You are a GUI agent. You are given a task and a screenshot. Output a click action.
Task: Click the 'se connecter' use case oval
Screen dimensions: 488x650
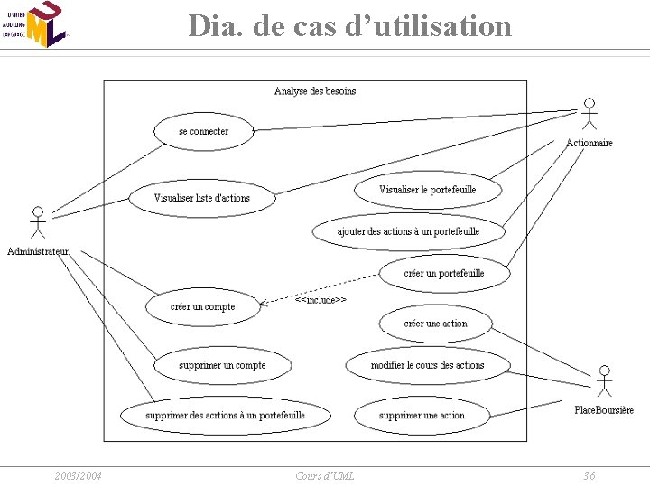(204, 131)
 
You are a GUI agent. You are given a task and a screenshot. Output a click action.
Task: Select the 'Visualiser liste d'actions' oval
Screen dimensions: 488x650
(201, 198)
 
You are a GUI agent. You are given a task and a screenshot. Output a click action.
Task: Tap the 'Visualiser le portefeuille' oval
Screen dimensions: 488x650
(427, 190)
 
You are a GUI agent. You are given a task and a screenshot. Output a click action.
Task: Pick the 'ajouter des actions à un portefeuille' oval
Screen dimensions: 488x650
(408, 231)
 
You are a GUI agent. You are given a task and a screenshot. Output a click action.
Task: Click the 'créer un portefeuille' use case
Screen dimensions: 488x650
(444, 273)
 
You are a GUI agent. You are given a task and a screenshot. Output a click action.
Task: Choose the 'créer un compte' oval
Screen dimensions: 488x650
(202, 306)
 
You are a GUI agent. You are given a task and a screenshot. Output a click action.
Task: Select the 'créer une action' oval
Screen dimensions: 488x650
(435, 324)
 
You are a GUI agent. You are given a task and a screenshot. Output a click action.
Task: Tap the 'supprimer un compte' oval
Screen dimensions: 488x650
(222, 365)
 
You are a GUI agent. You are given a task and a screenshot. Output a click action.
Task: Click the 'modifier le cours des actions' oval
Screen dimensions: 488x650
(427, 365)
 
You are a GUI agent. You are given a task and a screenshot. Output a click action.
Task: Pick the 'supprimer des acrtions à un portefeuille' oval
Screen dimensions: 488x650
(225, 415)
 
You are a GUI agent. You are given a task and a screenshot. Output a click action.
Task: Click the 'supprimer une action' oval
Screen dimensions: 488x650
(422, 416)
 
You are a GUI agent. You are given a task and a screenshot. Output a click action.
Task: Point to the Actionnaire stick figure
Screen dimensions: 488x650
(590, 114)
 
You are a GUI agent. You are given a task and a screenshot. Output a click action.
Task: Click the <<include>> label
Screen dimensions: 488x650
(320, 299)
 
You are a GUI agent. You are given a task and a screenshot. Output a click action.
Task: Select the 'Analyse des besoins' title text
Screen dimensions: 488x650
(315, 90)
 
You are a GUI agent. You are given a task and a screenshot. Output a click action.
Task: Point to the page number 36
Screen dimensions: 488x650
(589, 475)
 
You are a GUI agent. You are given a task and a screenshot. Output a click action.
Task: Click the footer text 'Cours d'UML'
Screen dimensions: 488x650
(325, 475)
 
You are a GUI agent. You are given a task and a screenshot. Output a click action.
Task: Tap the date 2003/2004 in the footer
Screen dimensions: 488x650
(78, 475)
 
